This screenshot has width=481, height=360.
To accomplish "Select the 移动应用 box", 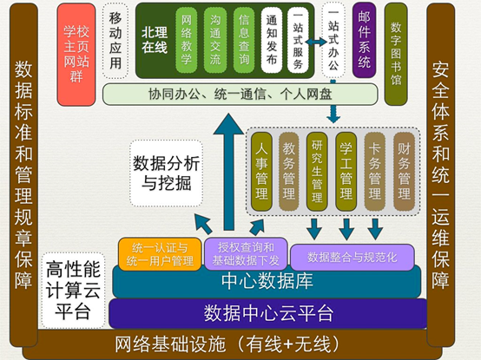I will click(x=115, y=41).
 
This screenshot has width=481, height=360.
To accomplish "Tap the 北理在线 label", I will click(x=155, y=37).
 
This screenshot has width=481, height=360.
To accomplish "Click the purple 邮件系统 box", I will click(x=365, y=43).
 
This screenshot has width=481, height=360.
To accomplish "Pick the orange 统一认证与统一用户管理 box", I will click(x=158, y=252).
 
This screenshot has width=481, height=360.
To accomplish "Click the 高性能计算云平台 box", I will click(x=73, y=289).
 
